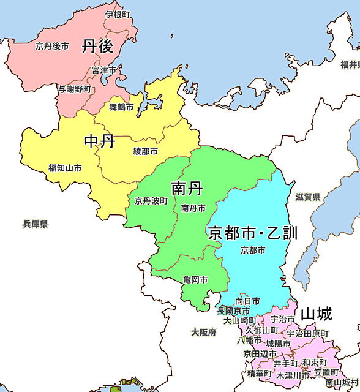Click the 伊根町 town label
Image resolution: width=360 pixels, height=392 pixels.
pyautogui.click(x=117, y=13)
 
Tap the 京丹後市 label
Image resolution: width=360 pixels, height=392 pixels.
pyautogui.click(x=52, y=45)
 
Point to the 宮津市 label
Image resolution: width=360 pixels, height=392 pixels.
pyautogui.click(x=104, y=70)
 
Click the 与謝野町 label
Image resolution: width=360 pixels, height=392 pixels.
pyautogui.click(x=75, y=89)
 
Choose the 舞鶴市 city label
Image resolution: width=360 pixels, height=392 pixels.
pyautogui.click(x=121, y=107)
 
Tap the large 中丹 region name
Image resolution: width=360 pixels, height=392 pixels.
pyautogui.click(x=100, y=142)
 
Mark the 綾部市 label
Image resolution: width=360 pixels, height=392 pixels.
pyautogui.click(x=145, y=151)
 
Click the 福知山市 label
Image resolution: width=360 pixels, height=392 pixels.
pyautogui.click(x=65, y=168)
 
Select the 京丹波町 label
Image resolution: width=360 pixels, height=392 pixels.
pyautogui.click(x=151, y=200)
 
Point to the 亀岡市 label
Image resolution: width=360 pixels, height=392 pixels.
pyautogui.click(x=195, y=280)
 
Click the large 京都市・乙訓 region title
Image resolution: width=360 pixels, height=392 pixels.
pyautogui.click(x=253, y=233)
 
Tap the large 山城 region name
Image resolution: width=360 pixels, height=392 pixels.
pyautogui.click(x=316, y=315)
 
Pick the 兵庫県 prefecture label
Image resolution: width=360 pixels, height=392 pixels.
pyautogui.click(x=36, y=224)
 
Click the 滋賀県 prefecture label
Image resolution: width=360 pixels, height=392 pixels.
pyautogui.click(x=308, y=197)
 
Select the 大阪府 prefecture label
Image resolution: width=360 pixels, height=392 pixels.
pyautogui.click(x=203, y=333)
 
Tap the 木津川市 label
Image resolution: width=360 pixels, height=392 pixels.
pyautogui.click(x=293, y=375)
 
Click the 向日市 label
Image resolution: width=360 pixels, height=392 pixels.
pyautogui.click(x=247, y=301)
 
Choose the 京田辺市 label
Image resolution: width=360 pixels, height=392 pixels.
pyautogui.click(x=260, y=354)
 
